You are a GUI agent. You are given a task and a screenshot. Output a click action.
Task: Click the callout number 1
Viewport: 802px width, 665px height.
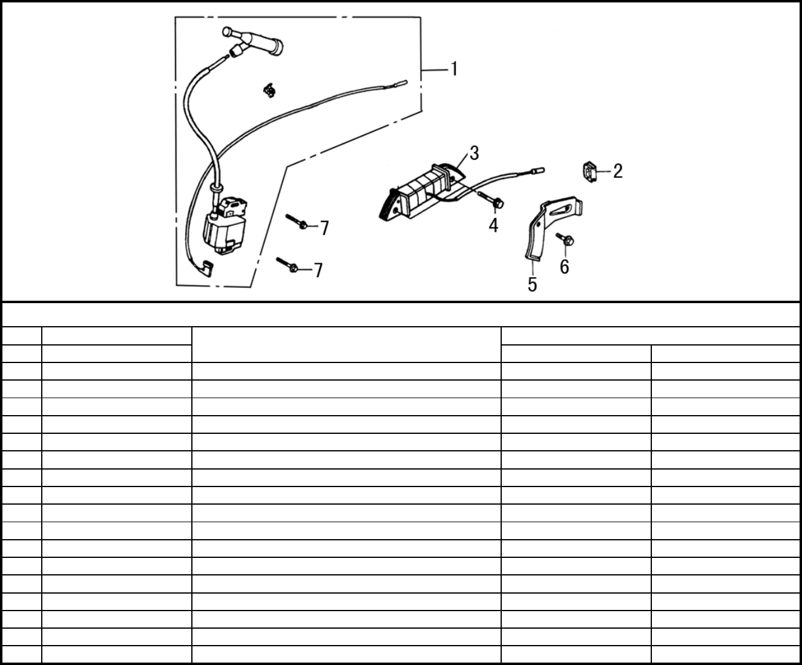(453, 69)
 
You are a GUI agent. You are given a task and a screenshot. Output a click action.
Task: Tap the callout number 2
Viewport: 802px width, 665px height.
(617, 171)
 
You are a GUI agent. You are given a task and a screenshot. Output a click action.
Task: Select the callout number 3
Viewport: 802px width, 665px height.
(474, 153)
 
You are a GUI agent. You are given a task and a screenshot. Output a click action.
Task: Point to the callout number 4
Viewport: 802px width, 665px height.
(493, 226)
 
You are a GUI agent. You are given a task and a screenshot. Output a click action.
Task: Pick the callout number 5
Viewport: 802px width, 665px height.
(532, 284)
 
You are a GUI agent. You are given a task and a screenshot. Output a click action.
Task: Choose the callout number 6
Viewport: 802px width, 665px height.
(564, 266)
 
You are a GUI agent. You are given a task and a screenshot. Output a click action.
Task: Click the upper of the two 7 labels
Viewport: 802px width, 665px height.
(324, 228)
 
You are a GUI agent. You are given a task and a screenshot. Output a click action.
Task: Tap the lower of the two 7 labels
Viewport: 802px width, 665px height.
(318, 270)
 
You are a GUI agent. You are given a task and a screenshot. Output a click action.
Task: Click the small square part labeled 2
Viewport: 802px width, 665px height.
(590, 171)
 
